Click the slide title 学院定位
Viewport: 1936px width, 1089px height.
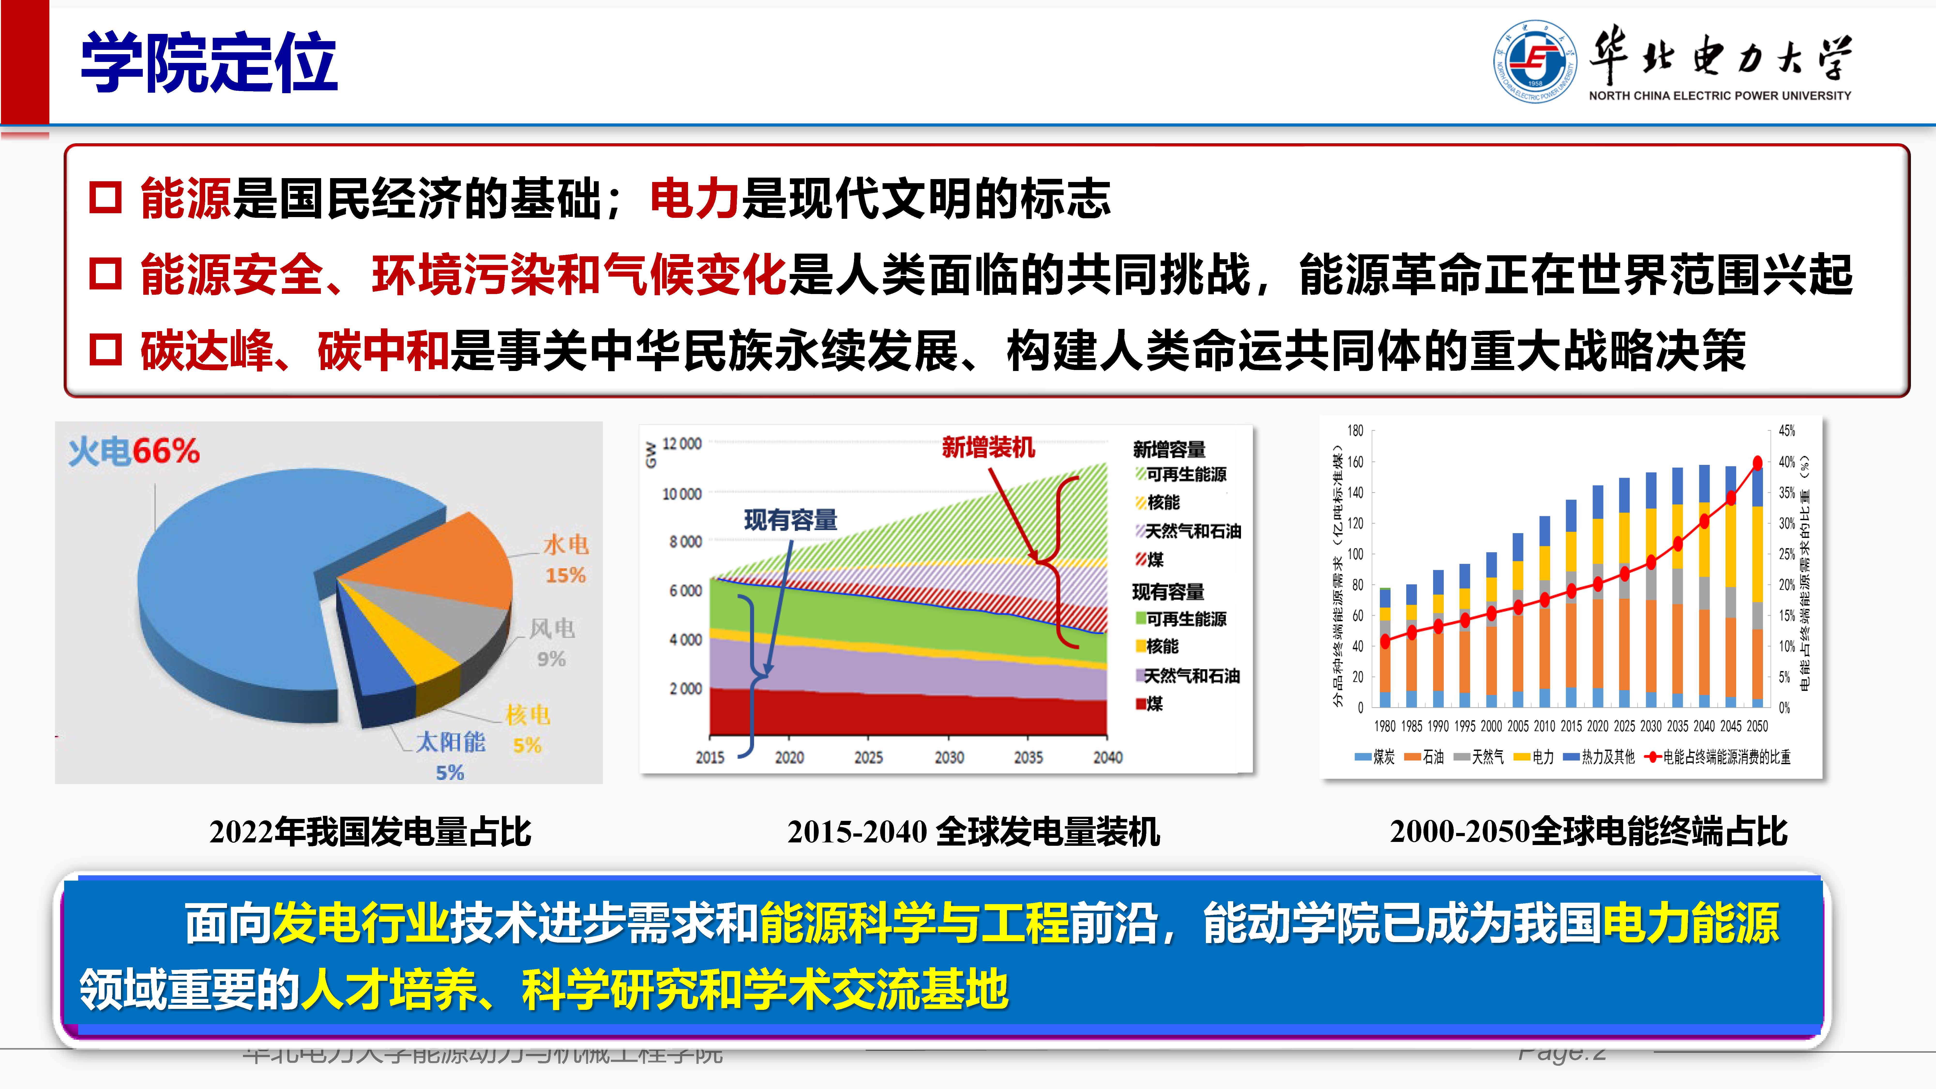[209, 63]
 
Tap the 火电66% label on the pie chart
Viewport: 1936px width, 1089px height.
[134, 452]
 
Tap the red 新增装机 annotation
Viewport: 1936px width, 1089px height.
[988, 448]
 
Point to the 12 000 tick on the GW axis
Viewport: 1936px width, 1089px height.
[682, 444]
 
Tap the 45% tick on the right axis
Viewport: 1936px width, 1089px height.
[1786, 431]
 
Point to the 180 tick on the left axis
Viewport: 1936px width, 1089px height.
[1355, 431]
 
